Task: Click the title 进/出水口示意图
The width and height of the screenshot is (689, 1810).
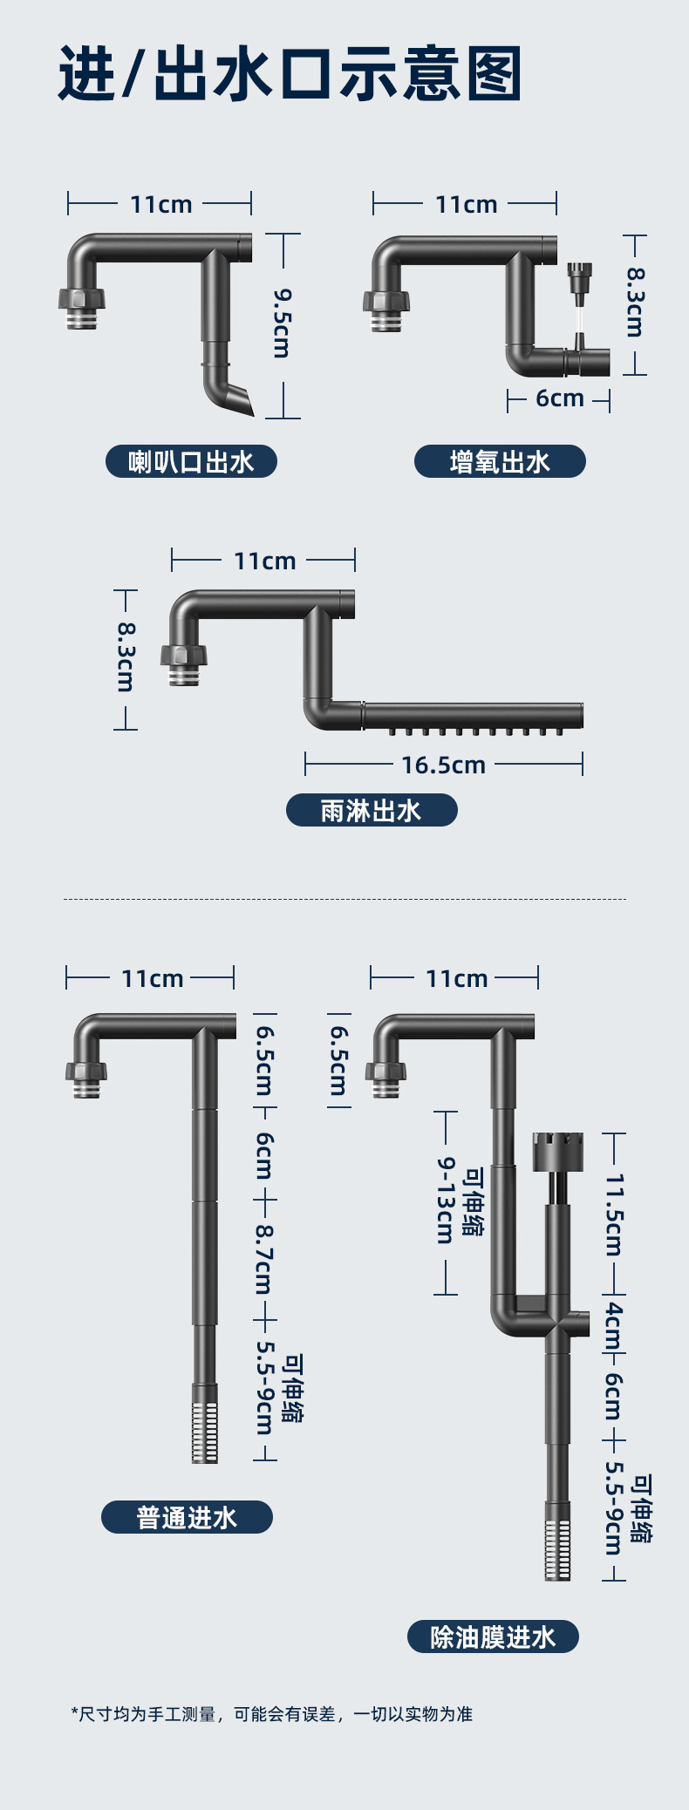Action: click(x=290, y=75)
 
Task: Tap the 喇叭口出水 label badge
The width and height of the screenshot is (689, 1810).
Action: click(x=191, y=461)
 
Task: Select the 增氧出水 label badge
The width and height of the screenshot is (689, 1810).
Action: click(x=500, y=461)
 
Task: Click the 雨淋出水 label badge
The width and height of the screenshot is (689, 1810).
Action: click(x=372, y=810)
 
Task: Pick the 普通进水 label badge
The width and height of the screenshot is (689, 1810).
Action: click(x=187, y=1518)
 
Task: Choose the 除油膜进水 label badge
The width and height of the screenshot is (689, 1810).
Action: click(x=493, y=1636)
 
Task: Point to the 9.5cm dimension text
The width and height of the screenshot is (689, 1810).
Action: click(x=282, y=323)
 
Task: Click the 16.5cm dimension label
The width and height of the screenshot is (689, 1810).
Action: click(x=443, y=766)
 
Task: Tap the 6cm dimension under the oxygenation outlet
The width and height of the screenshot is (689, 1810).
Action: click(x=559, y=398)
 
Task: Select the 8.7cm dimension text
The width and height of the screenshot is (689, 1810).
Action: click(x=264, y=1260)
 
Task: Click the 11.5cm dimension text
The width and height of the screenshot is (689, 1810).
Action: click(x=615, y=1214)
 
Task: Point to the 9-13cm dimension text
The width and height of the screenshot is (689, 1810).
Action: click(x=445, y=1201)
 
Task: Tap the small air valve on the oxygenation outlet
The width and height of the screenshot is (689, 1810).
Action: click(x=578, y=280)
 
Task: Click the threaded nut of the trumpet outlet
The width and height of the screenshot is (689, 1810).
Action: click(x=82, y=300)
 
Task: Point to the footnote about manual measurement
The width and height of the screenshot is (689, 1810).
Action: click(x=271, y=1713)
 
